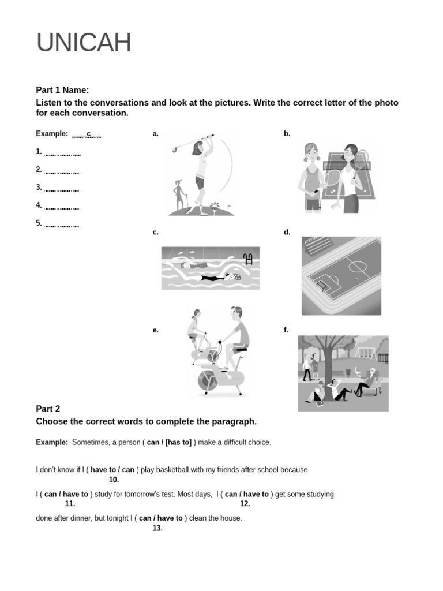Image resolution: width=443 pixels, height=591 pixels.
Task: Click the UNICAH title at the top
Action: [x=84, y=43]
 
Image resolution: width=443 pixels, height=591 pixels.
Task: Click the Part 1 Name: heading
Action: [x=62, y=90]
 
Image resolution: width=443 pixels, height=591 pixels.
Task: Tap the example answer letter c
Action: [x=89, y=134]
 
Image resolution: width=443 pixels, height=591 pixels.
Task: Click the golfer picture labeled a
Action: [x=201, y=175]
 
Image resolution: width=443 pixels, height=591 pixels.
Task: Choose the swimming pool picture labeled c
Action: [x=211, y=268]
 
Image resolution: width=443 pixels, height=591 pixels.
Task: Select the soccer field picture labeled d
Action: [x=341, y=275]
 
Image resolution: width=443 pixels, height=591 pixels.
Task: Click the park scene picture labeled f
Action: [x=343, y=373]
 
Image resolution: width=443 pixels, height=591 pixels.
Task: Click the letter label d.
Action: [x=287, y=232]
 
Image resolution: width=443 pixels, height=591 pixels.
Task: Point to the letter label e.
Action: [x=155, y=330]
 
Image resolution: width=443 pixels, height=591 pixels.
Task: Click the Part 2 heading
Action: [x=48, y=409]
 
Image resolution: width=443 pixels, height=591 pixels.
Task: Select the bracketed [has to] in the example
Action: [x=179, y=442]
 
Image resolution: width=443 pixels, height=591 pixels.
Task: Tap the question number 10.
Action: [x=114, y=480]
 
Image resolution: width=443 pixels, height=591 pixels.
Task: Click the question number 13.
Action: [x=157, y=528]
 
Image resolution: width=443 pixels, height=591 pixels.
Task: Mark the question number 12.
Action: [x=245, y=504]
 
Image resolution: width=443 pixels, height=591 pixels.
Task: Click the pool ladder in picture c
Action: [x=249, y=259]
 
